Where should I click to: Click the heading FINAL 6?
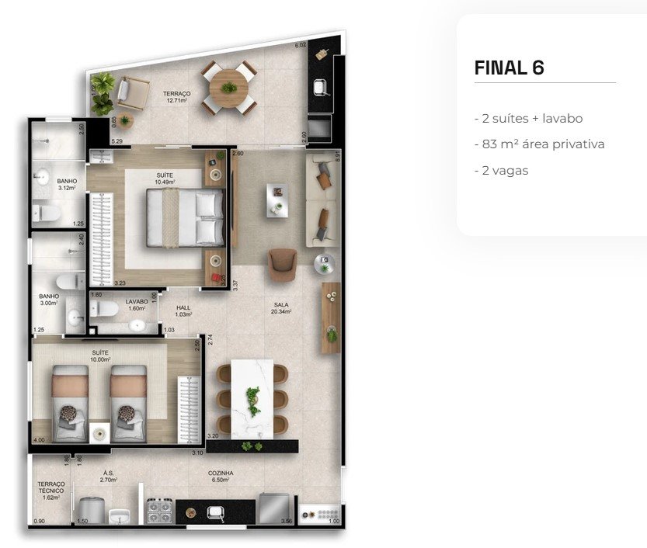[x=509, y=68]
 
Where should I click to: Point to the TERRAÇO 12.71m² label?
[x=177, y=96]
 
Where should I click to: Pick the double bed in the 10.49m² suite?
[x=187, y=217]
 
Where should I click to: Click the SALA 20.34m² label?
[x=281, y=309]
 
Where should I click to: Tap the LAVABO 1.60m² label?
[x=137, y=304]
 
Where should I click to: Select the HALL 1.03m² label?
[x=183, y=310]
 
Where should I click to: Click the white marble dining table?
[x=252, y=397]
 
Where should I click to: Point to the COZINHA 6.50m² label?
[x=221, y=476]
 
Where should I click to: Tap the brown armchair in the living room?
[x=282, y=263]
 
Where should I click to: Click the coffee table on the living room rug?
[x=277, y=199]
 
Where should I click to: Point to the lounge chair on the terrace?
[x=132, y=95]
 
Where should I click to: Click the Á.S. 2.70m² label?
[x=109, y=477]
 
